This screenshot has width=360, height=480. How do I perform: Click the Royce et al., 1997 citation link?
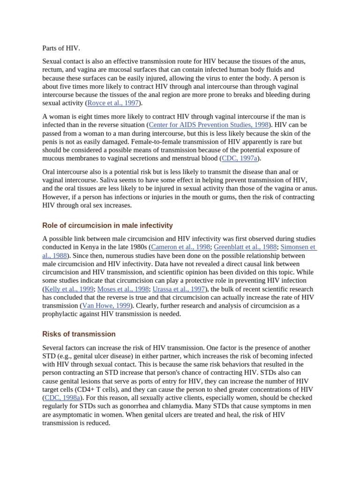[113, 103]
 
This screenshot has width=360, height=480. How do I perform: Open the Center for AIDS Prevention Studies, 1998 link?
[209, 125]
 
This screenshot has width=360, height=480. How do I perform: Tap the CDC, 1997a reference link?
[240, 158]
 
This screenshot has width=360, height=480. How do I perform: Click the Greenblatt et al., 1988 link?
[245, 247]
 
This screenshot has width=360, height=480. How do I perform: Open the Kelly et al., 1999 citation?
[69, 289]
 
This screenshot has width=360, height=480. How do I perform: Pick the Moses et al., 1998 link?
[123, 289]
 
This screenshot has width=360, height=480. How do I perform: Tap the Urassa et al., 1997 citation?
[179, 289]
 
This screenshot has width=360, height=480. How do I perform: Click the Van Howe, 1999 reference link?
[106, 306]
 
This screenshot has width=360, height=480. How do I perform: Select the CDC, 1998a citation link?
[62, 398]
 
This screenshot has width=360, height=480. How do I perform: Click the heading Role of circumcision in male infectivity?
[107, 225]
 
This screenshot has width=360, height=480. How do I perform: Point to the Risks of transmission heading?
[79, 334]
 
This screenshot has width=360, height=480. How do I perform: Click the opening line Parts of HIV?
[61, 48]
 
